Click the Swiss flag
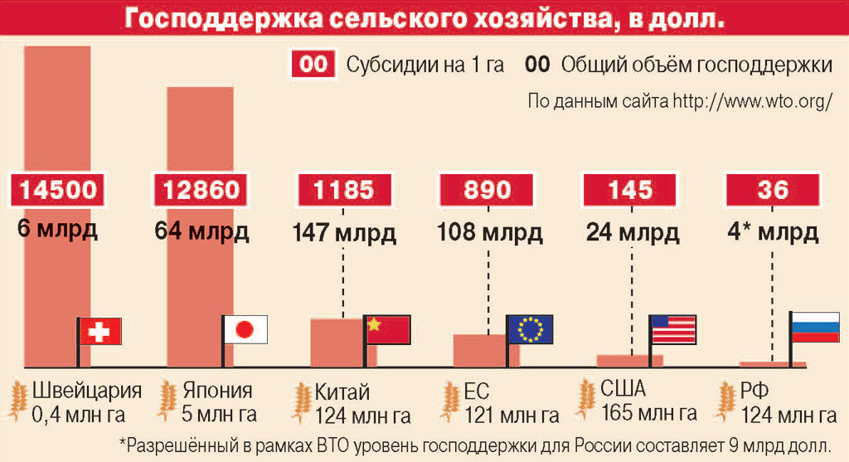click(99, 331)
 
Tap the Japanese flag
click(245, 329)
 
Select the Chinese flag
click(388, 328)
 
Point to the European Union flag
click(530, 329)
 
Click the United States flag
click(674, 329)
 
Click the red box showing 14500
click(58, 190)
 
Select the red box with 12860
click(201, 190)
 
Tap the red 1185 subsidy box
click(344, 190)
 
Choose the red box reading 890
click(487, 190)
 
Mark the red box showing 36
click(773, 190)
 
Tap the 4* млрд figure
click(773, 231)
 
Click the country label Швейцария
click(86, 390)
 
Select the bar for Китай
click(336, 343)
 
